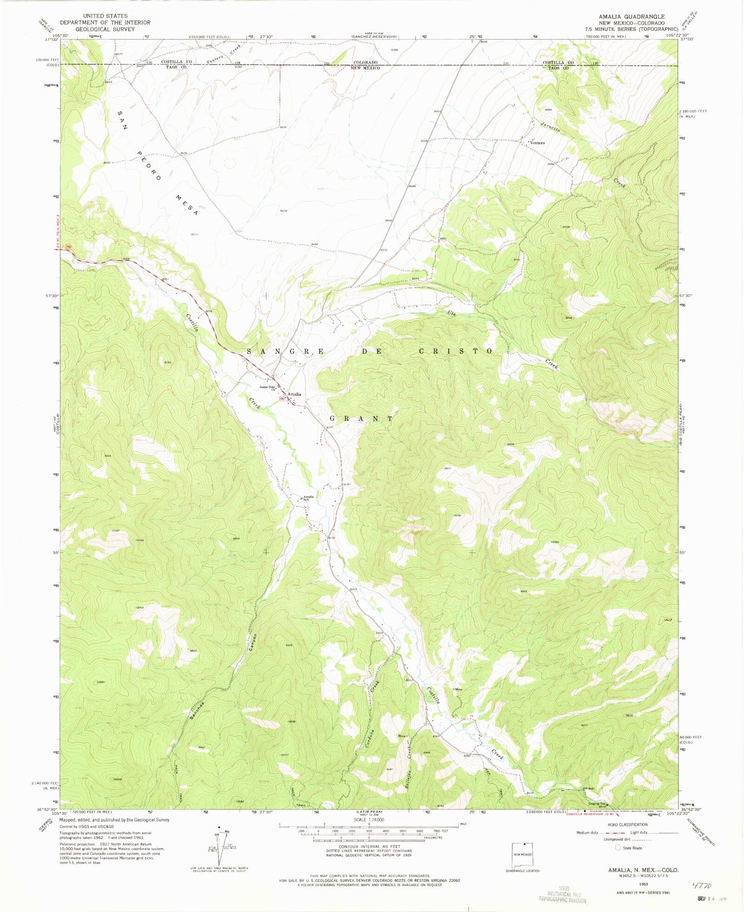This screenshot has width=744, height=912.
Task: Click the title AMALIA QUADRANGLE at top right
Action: tap(631, 16)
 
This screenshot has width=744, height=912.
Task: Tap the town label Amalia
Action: tap(294, 394)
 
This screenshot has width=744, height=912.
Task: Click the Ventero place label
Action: tap(534, 143)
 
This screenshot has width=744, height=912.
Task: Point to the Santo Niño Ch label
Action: tap(267, 388)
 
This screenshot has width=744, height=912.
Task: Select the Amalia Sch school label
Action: tap(308, 498)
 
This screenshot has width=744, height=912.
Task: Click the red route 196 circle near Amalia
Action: tap(281, 398)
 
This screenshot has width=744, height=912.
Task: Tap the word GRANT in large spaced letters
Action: tap(361, 419)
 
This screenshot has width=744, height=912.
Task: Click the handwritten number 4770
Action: tap(701, 886)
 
